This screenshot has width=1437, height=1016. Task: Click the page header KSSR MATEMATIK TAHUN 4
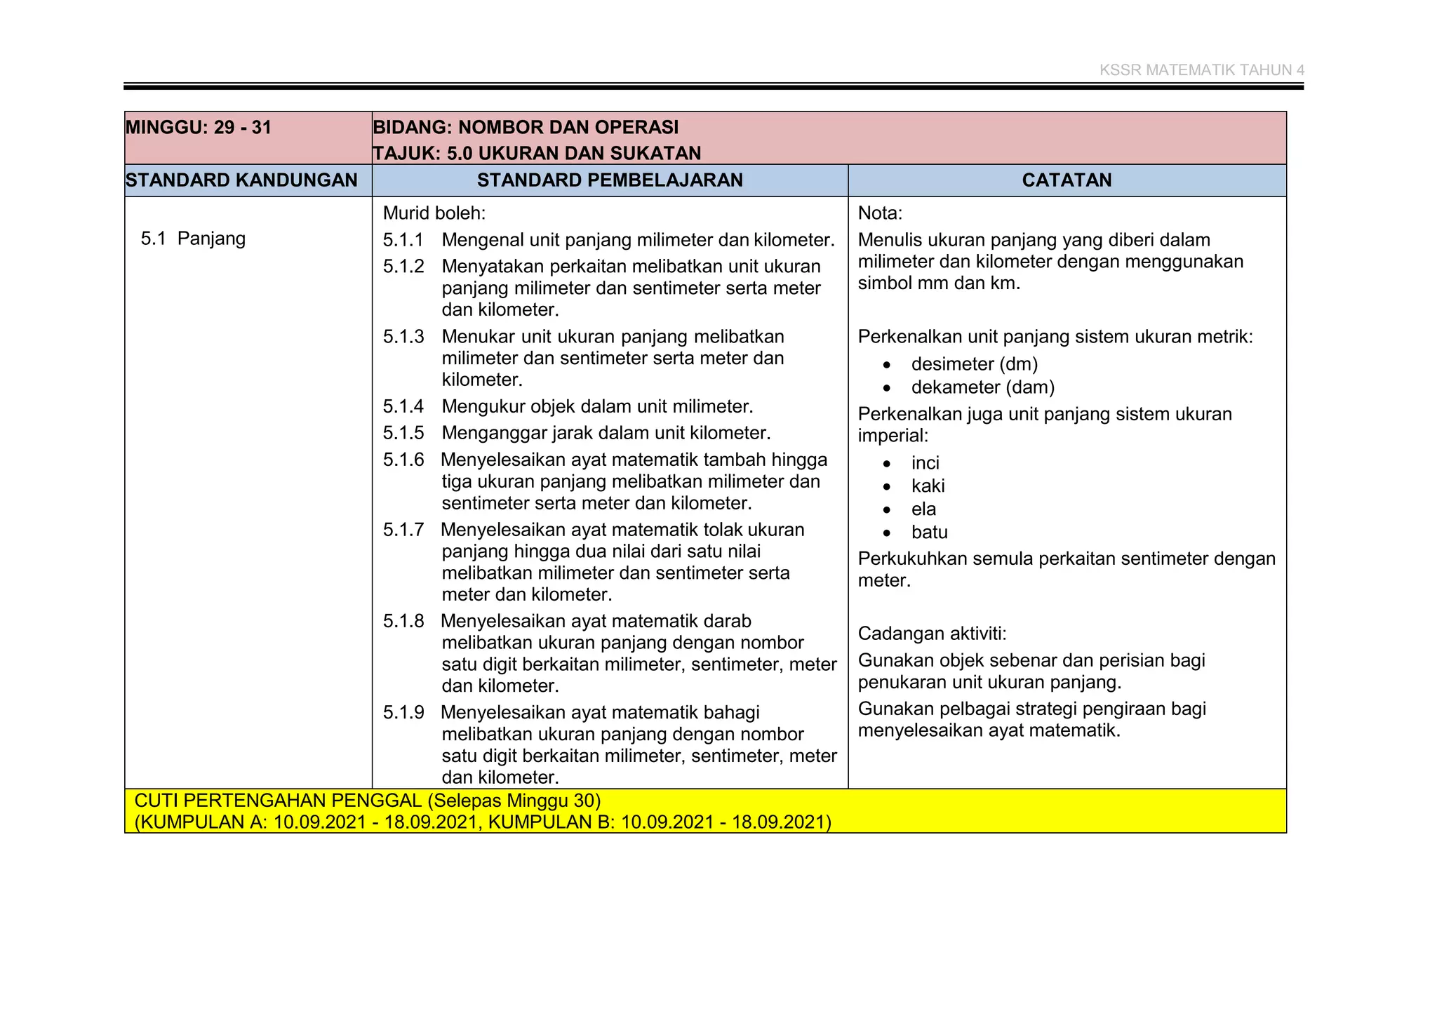[1201, 70]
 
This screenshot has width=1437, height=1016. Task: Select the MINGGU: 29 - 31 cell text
[199, 128]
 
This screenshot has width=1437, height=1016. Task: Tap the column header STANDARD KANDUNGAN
[241, 180]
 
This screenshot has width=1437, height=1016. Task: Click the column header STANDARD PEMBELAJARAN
[610, 180]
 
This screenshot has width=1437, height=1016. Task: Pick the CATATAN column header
[1067, 180]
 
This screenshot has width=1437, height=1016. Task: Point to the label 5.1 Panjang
[193, 239]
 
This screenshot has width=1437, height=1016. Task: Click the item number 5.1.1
[403, 240]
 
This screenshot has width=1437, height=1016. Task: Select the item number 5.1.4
[403, 406]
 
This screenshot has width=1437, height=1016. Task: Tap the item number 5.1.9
[403, 712]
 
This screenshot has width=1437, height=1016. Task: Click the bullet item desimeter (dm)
[974, 364]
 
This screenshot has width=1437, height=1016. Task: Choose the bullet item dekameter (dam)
[982, 387]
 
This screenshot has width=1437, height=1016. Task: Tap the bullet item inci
[925, 463]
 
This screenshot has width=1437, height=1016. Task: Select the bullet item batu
[929, 532]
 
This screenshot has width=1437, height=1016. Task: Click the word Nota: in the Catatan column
[880, 213]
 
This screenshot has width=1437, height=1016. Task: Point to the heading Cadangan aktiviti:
[932, 634]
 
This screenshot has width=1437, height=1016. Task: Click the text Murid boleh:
[434, 213]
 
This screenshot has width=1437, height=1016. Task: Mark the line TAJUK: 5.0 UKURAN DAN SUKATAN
[537, 153]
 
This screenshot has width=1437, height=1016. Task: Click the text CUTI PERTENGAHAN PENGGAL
[277, 801]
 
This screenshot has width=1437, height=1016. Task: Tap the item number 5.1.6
[403, 460]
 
